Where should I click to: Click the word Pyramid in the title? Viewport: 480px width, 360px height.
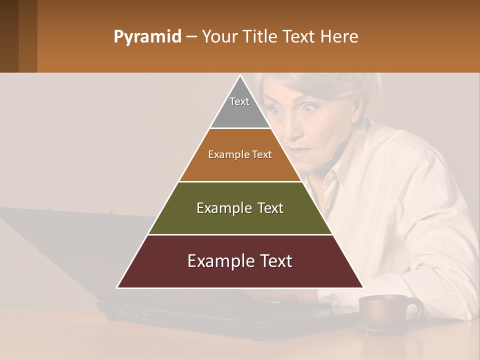(147, 37)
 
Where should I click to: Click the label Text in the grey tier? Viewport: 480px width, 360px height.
(239, 101)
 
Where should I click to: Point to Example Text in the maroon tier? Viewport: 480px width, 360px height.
(240, 261)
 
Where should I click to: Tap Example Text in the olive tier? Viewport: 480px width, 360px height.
(240, 208)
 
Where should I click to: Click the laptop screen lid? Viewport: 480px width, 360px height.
(75, 250)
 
